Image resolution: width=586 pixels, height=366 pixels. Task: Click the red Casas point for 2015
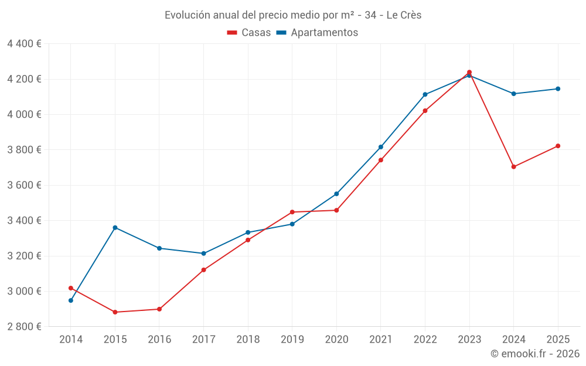[115, 312]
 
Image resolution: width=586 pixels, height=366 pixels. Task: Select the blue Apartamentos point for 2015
[115, 227]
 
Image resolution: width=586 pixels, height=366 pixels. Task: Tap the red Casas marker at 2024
[513, 167]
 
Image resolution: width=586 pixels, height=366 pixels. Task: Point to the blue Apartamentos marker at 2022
[425, 94]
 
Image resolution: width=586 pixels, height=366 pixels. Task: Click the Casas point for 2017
[203, 270]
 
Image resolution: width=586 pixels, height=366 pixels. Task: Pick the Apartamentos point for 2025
[558, 89]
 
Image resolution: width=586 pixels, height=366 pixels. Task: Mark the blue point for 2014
[71, 300]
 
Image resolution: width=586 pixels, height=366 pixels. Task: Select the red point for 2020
[336, 210]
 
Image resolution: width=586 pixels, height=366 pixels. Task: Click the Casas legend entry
[249, 33]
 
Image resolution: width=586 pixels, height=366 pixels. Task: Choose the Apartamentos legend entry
[317, 33]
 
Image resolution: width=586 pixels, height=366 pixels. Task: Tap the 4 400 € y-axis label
[24, 44]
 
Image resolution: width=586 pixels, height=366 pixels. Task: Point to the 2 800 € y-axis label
[24, 327]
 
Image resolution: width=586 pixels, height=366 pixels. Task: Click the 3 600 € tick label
[24, 185]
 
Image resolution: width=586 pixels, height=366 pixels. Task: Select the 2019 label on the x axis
[292, 340]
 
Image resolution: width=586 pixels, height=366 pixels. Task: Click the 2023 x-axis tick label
[469, 340]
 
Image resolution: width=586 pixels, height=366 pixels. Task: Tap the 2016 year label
[159, 340]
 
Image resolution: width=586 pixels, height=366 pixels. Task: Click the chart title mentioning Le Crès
[293, 15]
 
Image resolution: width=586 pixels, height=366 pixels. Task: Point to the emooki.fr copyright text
[534, 354]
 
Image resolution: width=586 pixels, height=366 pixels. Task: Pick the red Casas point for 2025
[558, 146]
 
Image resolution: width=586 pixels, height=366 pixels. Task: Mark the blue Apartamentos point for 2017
[203, 254]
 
